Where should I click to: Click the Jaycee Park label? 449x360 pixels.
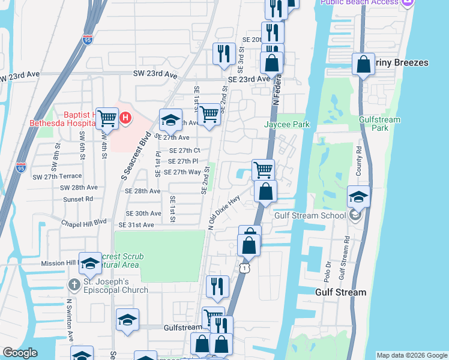pos(287,124)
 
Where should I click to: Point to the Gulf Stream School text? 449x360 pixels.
pos(310,216)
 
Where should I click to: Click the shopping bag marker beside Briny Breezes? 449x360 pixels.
pos(364,65)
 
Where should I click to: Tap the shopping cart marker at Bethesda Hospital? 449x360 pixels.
pos(107,119)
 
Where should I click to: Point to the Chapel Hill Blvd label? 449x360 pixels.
pos(83,221)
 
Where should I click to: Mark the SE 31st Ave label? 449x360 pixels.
pos(136,224)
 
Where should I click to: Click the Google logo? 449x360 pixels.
pos(20,353)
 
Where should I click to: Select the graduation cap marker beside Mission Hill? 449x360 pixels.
pos(90,263)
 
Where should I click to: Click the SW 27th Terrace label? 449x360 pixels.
pos(57,176)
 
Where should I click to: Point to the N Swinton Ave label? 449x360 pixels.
pos(70,318)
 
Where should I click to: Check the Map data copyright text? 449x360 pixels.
pos(411,355)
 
